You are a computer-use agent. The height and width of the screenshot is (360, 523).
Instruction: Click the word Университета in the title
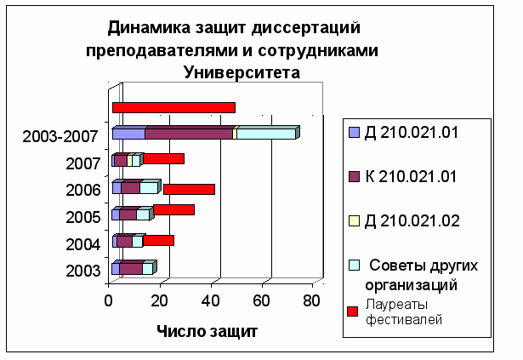pyautogui.click(x=242, y=72)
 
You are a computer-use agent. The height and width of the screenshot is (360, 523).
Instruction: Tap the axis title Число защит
pyautogui.click(x=207, y=331)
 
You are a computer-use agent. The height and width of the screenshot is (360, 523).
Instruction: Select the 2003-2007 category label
pyautogui.click(x=60, y=136)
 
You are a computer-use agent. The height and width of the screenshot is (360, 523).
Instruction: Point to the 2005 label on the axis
pyautogui.click(x=83, y=217)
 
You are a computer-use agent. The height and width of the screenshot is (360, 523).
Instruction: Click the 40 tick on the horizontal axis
pyautogui.click(x=210, y=301)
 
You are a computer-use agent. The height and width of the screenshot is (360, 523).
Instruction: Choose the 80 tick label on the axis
pyautogui.click(x=311, y=301)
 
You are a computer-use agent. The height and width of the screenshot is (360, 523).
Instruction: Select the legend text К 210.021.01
pyautogui.click(x=411, y=176)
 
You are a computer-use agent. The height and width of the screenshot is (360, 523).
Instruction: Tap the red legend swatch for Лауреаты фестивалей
pyautogui.click(x=353, y=311)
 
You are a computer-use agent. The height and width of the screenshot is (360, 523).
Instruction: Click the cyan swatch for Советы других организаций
pyautogui.click(x=354, y=266)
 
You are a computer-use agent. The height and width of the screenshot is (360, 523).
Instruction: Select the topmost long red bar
pyautogui.click(x=173, y=108)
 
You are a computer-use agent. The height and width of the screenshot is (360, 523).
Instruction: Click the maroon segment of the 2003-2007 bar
pyautogui.click(x=189, y=134)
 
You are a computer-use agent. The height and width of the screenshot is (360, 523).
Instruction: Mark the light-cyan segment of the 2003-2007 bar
pyautogui.click(x=266, y=134)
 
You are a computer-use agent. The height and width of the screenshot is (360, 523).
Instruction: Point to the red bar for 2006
pyautogui.click(x=189, y=189)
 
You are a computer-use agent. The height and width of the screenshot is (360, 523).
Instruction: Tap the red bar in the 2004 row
pyautogui.click(x=158, y=241)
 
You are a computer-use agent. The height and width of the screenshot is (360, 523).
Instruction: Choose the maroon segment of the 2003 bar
pyautogui.click(x=131, y=269)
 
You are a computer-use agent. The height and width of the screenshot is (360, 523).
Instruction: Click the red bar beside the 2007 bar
pyautogui.click(x=163, y=158)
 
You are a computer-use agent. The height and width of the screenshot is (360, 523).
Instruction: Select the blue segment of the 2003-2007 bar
pyautogui.click(x=128, y=134)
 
